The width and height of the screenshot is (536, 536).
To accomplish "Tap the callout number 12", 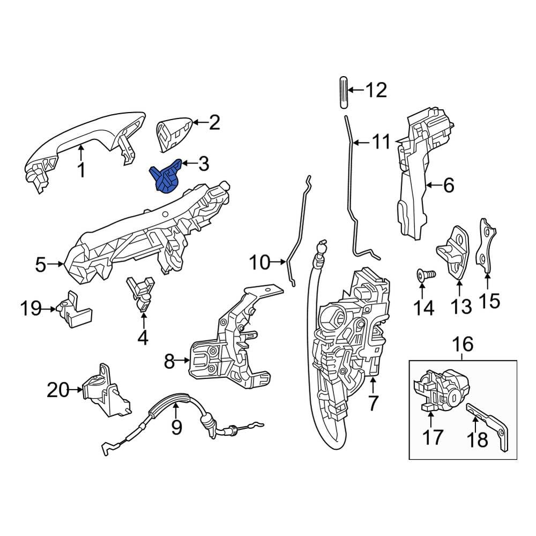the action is click(376, 90).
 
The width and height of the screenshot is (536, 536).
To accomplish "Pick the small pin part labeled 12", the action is click(344, 92).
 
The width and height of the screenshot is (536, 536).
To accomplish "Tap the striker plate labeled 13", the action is click(453, 252).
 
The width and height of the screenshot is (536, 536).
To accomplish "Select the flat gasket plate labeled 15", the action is click(486, 245).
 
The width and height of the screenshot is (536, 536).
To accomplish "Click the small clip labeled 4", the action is click(141, 294).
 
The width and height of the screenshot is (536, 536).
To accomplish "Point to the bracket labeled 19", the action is click(75, 309).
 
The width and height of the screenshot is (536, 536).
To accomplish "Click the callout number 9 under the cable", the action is click(176, 427).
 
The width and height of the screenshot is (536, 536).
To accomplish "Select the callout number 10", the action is click(260, 263).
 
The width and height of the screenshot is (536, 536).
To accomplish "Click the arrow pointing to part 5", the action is click(55, 264).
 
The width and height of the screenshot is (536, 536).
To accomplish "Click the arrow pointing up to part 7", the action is click(373, 384).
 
